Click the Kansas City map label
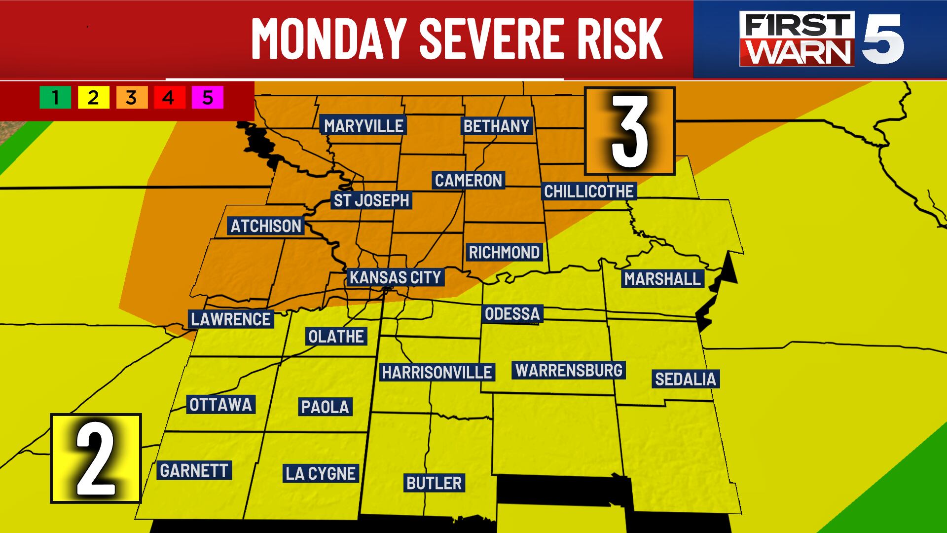[395, 277]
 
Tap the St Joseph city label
[371, 200]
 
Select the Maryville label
[364, 126]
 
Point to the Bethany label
[496, 126]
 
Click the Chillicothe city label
[588, 191]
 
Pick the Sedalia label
[685, 379]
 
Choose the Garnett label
[194, 470]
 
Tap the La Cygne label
[321, 473]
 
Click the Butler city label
[434, 483]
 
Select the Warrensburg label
[569, 370]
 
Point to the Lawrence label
[231, 319]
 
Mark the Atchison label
[266, 226]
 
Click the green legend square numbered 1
[55, 97]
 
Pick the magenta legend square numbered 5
[208, 97]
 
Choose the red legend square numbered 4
[169, 97]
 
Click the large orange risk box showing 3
[629, 131]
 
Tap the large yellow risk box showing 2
[96, 458]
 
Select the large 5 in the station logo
[882, 39]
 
